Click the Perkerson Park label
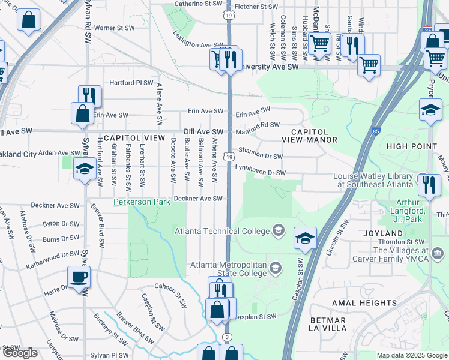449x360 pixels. (141, 203)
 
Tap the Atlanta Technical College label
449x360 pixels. (222, 231)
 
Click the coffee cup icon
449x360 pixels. (79, 277)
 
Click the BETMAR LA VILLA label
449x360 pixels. (328, 323)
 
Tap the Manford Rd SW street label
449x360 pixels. (258, 125)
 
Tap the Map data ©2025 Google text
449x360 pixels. (412, 355)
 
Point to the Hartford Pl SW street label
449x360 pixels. (131, 83)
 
